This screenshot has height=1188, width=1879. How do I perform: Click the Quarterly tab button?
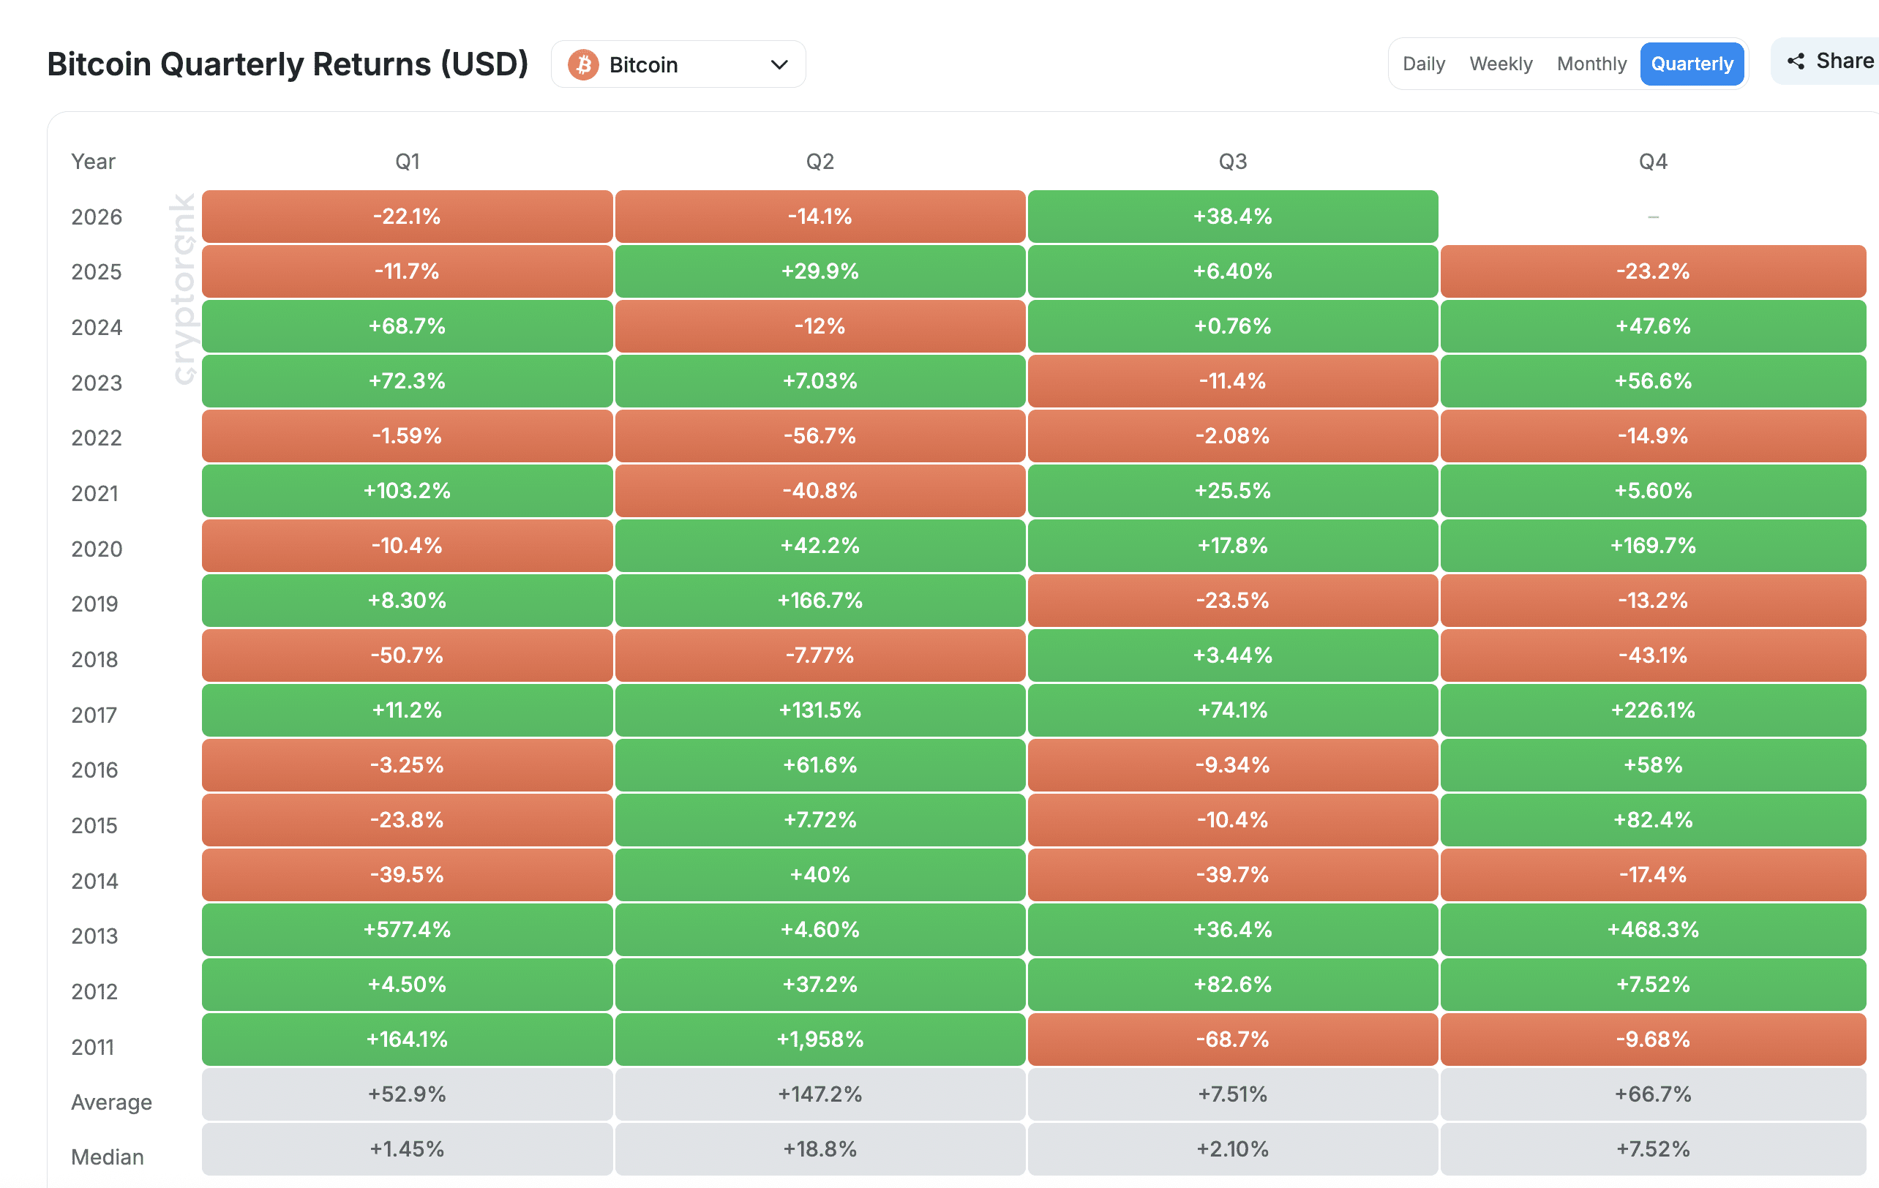(x=1692, y=64)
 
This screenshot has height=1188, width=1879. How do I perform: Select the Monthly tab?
(x=1591, y=64)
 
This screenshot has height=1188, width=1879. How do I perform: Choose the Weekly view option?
(x=1501, y=64)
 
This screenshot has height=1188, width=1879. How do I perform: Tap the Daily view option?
(x=1423, y=64)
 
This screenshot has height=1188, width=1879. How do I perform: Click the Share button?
(x=1829, y=61)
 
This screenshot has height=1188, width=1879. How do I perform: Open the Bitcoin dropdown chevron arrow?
(x=779, y=65)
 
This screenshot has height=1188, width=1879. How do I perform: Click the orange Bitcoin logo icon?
(x=583, y=65)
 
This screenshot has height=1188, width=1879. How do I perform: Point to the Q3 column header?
(x=1233, y=162)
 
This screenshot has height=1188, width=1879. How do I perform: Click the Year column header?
(x=93, y=162)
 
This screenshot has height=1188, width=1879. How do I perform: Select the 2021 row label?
(x=94, y=493)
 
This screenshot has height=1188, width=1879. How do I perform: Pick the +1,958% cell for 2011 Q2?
(x=820, y=1039)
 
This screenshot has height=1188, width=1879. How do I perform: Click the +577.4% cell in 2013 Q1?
(x=408, y=929)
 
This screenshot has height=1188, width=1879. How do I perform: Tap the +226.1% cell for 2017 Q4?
(x=1653, y=710)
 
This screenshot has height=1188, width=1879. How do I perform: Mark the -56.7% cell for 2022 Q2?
(x=820, y=435)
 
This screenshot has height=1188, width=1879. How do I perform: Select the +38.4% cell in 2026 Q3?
(x=1233, y=216)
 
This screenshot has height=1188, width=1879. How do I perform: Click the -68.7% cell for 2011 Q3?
(x=1233, y=1039)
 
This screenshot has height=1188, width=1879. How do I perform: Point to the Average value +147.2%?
(x=820, y=1094)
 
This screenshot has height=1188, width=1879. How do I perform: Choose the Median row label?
(x=108, y=1157)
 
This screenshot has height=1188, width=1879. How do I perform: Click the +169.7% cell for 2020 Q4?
(x=1653, y=545)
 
